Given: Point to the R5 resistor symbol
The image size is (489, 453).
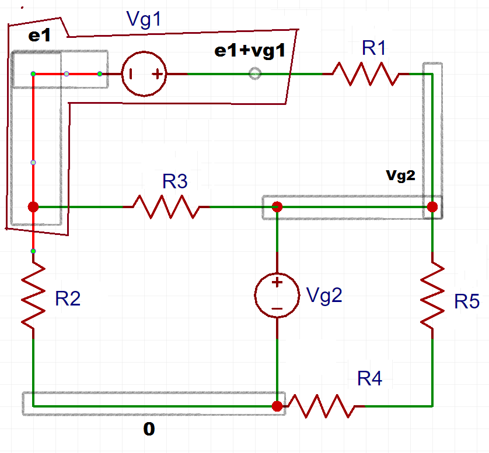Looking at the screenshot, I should [432, 295].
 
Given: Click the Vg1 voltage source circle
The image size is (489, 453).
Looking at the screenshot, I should [144, 74].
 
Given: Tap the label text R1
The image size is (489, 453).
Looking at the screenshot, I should [374, 48].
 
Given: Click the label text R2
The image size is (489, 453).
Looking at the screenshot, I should [68, 299].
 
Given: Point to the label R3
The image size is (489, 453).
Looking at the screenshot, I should [175, 182].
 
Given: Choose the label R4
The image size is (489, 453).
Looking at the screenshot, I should [370, 379].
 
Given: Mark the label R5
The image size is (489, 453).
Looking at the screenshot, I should [467, 301].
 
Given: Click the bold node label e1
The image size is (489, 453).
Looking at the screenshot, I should [40, 36].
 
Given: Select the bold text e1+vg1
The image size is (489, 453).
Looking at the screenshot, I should [250, 51].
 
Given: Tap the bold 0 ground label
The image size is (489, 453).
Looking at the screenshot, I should [149, 430].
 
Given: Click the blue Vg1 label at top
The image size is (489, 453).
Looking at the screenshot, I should [143, 20].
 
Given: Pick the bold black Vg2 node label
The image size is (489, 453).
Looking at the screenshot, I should [400, 175].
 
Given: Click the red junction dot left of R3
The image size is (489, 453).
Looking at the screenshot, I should [33, 207].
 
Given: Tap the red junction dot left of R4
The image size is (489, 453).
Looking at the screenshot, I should [277, 406].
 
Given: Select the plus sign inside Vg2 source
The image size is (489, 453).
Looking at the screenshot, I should [277, 282].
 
